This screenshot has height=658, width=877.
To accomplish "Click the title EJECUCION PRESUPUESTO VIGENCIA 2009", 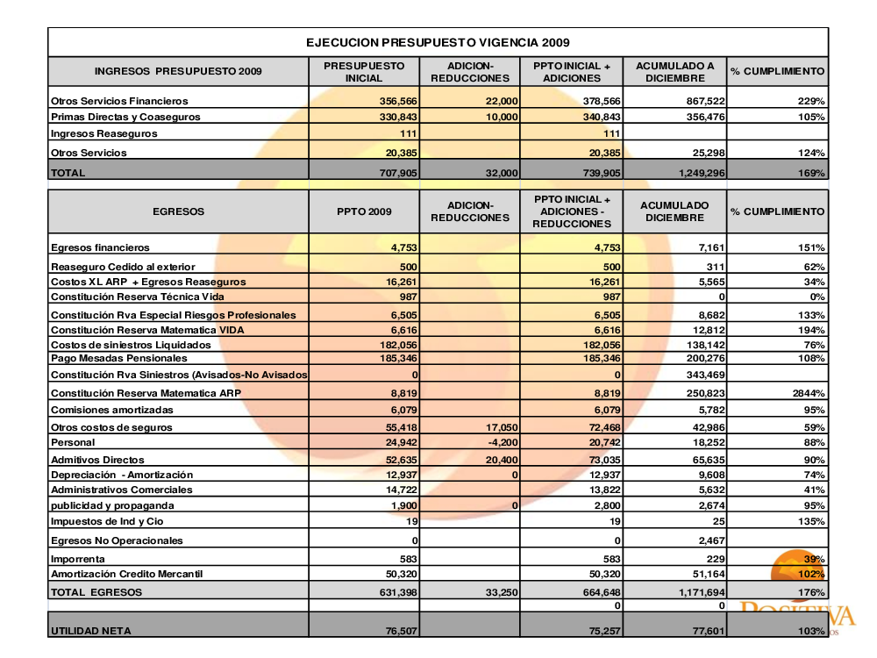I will tap(438, 42).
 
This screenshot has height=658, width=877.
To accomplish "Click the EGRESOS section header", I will tap(178, 211).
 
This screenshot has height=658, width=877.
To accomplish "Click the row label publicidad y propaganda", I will tap(112, 505).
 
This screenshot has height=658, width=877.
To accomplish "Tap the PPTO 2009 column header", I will tap(364, 211).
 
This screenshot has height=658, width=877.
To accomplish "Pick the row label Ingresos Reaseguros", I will tap(104, 133).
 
